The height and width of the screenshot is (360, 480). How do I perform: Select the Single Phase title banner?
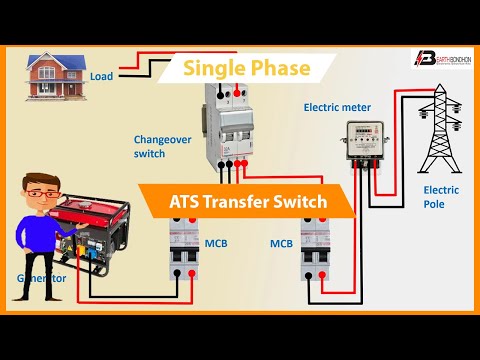point(247,69)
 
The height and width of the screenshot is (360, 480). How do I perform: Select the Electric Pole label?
point(441,196)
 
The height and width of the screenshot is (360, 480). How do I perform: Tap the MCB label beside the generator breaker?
point(216,243)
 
